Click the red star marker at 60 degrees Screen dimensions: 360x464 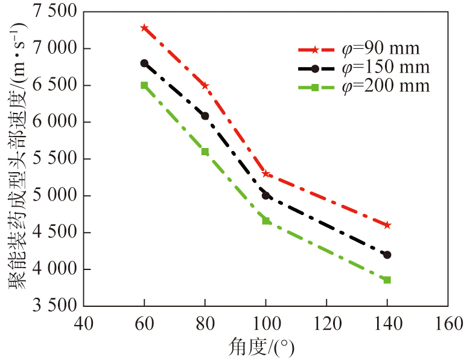(x=144, y=28)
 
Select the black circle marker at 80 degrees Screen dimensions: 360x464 (x=205, y=115)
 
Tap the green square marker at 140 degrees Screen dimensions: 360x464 (x=387, y=280)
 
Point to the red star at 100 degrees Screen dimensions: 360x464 (x=265, y=174)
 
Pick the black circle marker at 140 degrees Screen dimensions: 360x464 (x=387, y=255)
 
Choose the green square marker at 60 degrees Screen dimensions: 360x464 (x=144, y=85)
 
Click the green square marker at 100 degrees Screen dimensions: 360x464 (x=265, y=220)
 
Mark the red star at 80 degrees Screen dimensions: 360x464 (x=205, y=86)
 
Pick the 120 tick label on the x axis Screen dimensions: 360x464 (x=326, y=324)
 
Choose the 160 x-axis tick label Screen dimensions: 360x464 (x=447, y=324)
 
